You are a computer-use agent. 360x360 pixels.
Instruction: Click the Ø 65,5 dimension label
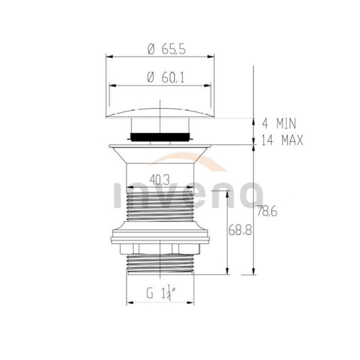pos(167,49)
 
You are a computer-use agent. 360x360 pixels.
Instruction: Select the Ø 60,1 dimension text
pos(166,78)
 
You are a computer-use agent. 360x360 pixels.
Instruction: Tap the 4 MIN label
pos(279,123)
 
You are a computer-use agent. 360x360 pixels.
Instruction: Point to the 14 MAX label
pos(282,140)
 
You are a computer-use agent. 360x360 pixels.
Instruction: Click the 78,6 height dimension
pos(267,211)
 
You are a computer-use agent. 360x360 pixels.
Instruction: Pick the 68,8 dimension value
pos(240,230)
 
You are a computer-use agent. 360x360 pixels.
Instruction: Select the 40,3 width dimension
pos(160,180)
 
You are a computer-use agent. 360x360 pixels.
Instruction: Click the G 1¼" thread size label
pos(161,293)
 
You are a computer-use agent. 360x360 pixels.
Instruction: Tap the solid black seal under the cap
pos(160,137)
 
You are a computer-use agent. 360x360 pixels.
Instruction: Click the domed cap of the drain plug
pos(160,113)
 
